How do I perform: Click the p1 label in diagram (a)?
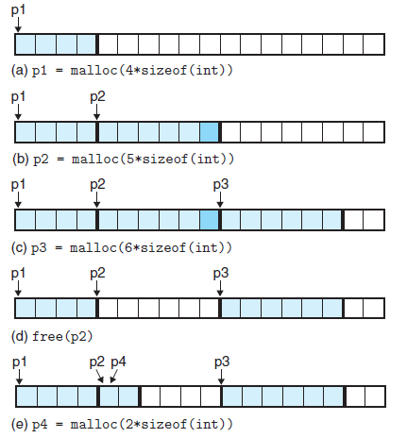click(18, 10)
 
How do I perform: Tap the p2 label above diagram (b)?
click(97, 97)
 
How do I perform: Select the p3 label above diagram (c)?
click(221, 185)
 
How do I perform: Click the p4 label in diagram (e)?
click(118, 362)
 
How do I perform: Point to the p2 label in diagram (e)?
click(97, 362)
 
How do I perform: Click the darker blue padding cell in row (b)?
click(209, 132)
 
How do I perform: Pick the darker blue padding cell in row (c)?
click(209, 220)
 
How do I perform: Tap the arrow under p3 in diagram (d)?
click(220, 288)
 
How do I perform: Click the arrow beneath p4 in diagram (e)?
click(114, 377)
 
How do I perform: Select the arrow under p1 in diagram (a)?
click(18, 25)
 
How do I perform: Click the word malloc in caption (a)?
click(93, 70)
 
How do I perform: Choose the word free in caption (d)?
click(47, 337)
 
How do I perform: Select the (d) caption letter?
click(20, 337)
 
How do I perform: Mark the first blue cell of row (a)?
click(25, 44)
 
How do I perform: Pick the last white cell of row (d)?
click(374, 308)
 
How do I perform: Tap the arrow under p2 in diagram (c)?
click(97, 200)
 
